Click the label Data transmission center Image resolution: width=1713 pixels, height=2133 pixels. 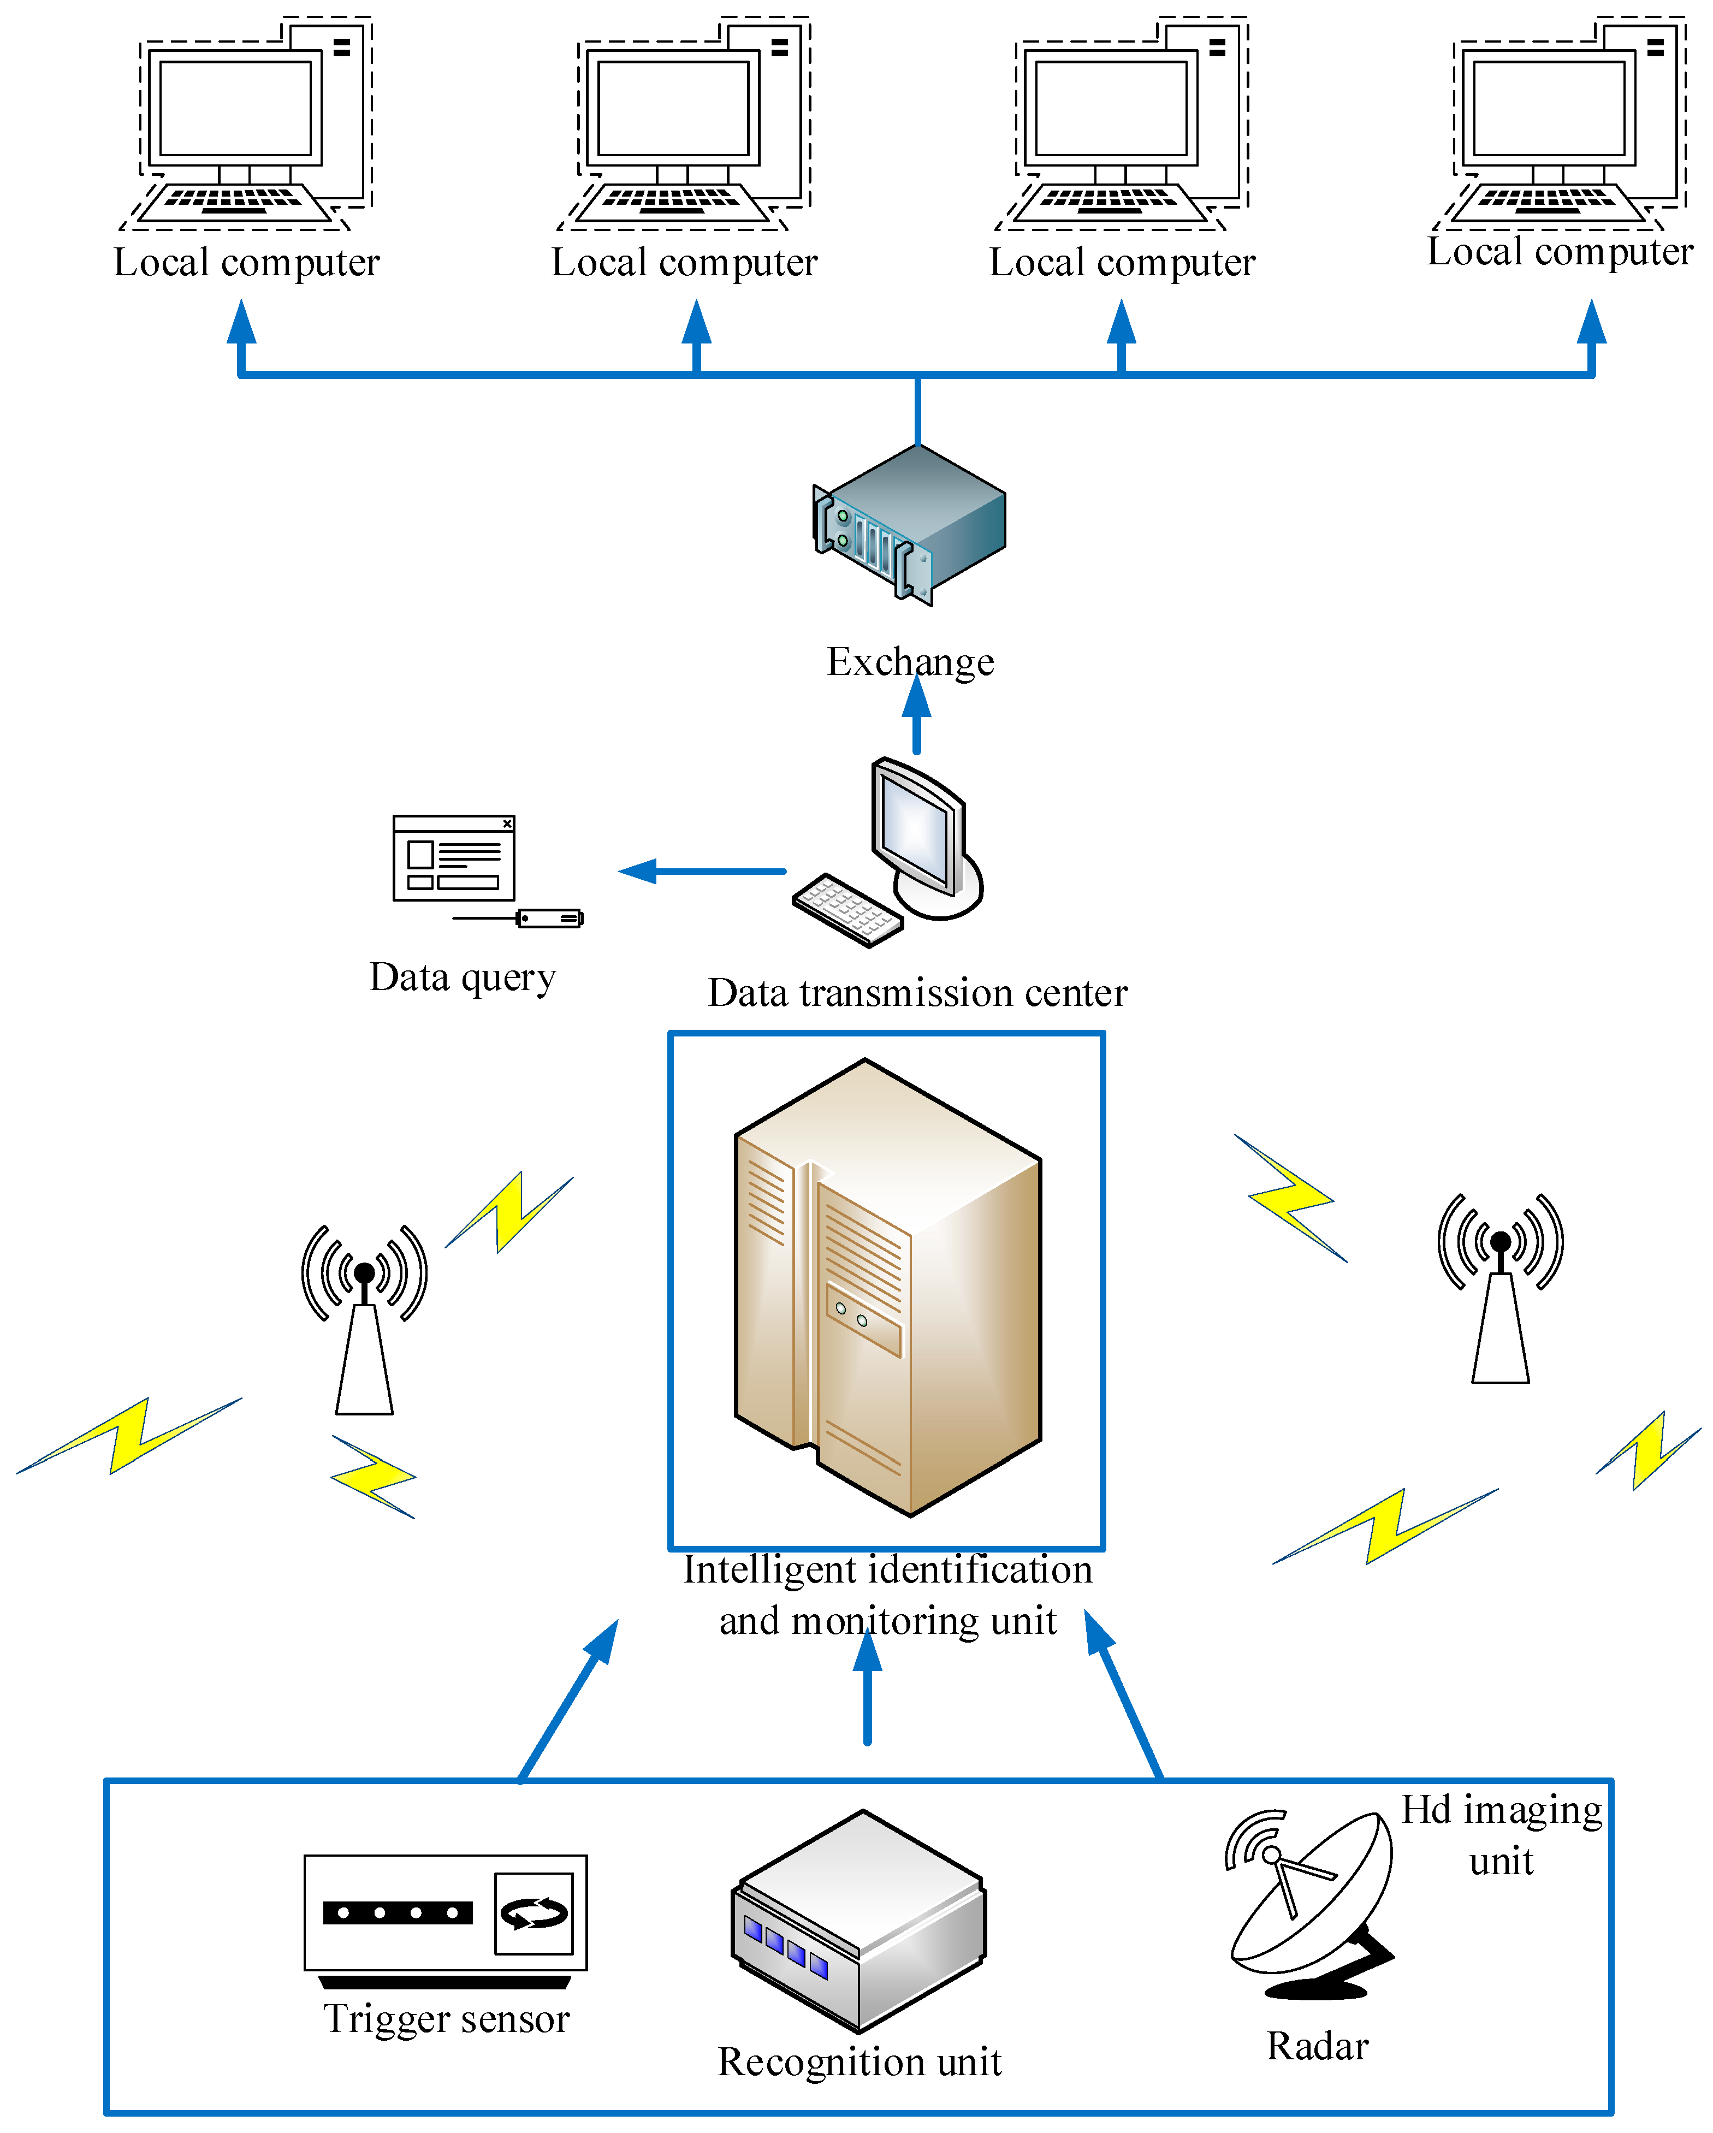tap(918, 992)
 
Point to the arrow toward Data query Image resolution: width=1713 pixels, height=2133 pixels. tap(701, 870)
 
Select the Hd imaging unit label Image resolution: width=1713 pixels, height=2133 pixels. tap(1501, 1835)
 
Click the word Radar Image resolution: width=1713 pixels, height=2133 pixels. tap(1318, 2046)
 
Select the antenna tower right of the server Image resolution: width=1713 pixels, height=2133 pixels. tap(1501, 1288)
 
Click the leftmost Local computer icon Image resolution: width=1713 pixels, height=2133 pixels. tap(245, 123)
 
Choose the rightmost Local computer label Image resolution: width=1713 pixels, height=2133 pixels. tap(1560, 252)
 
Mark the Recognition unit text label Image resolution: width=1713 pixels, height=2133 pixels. tap(860, 2062)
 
